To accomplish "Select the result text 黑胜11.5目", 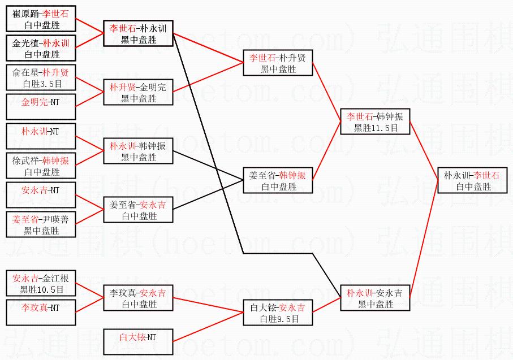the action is tap(375, 128).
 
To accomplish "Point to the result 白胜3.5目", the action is tap(41, 84).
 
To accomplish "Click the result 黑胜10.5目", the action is tap(41, 289).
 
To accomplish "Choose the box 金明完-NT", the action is tap(41, 102).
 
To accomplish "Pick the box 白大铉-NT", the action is tap(138, 337).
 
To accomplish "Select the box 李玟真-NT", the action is tap(41, 308).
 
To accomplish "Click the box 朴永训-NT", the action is tap(41, 132).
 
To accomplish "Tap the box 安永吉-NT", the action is tap(41, 190).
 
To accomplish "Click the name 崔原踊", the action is tap(24, 13).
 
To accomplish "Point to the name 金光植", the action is tap(24, 43).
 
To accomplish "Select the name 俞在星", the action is tap(24, 72).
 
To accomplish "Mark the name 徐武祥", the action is tap(24, 161).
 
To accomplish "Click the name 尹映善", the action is tap(58, 219).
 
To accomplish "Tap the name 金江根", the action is tap(58, 277).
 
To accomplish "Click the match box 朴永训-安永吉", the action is tap(375, 298).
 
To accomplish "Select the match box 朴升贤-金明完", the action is tap(138, 92).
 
